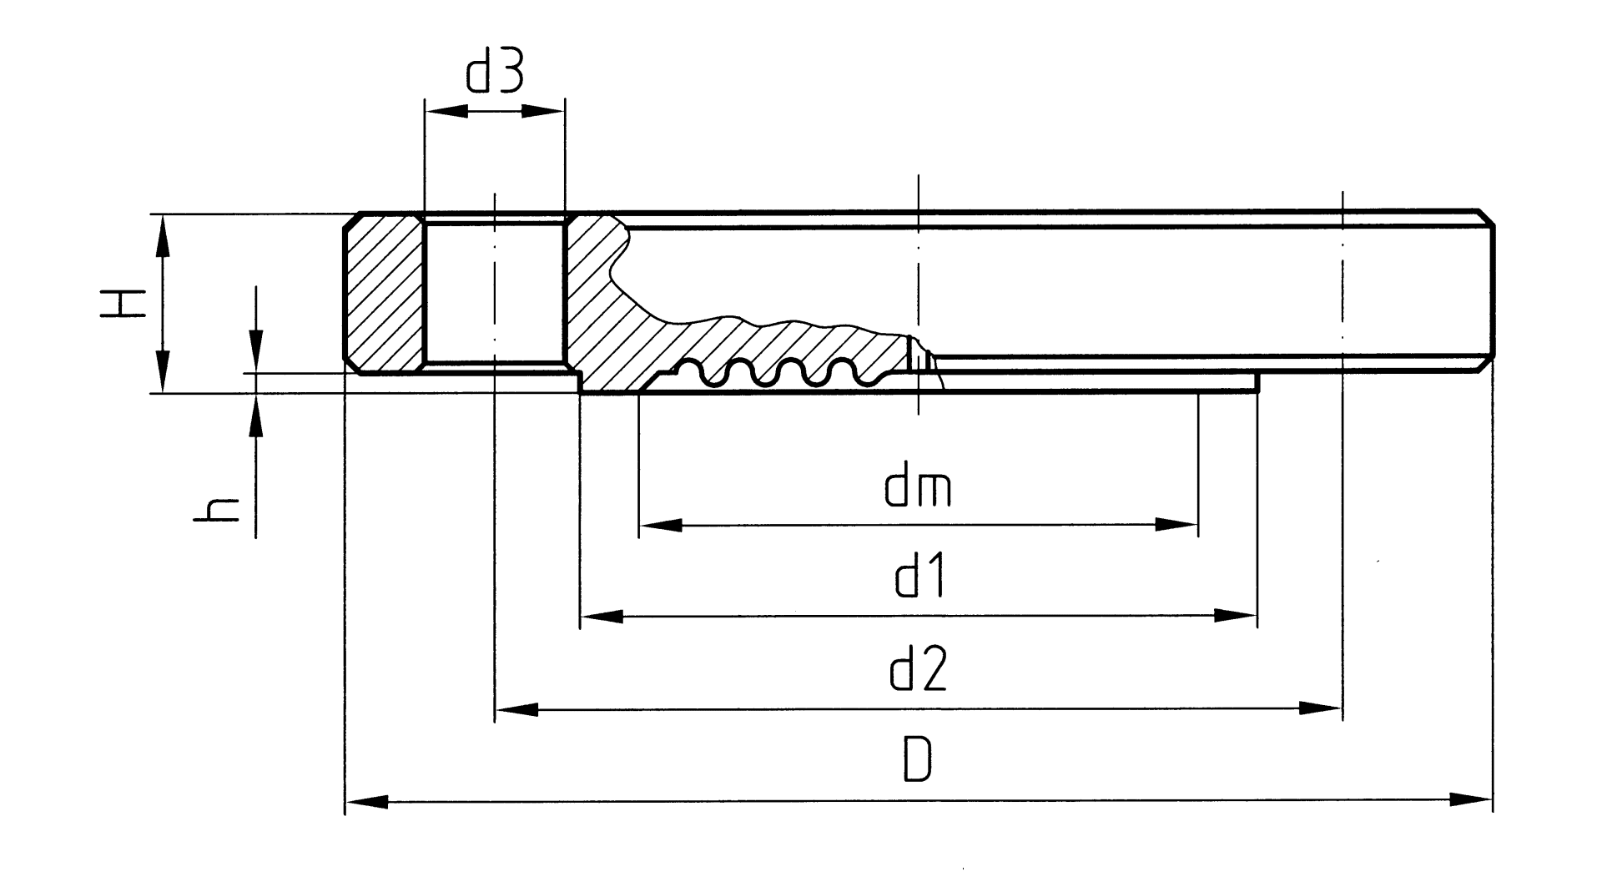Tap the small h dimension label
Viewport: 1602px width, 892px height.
[216, 509]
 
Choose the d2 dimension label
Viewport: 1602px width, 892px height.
[919, 672]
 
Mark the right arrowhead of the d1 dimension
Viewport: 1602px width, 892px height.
[1236, 617]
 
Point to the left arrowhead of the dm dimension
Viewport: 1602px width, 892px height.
[660, 525]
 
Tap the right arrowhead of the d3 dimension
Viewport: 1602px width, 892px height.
[544, 111]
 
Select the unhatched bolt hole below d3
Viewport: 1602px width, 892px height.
[494, 292]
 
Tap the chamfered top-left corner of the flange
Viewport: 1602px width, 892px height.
[352, 222]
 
